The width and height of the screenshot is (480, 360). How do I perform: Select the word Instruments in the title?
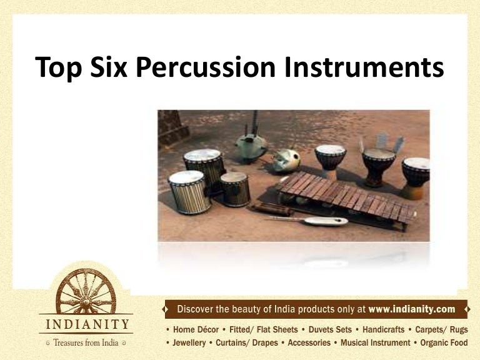(364, 67)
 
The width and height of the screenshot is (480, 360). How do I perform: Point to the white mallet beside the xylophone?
(306, 220)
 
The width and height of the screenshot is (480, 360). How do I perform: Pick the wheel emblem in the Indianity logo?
(85, 291)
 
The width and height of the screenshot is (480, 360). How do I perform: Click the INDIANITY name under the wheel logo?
(86, 325)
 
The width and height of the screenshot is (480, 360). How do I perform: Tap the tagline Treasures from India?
(86, 342)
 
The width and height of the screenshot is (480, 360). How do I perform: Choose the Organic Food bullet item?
(444, 343)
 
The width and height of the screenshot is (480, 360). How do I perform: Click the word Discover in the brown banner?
(199, 309)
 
